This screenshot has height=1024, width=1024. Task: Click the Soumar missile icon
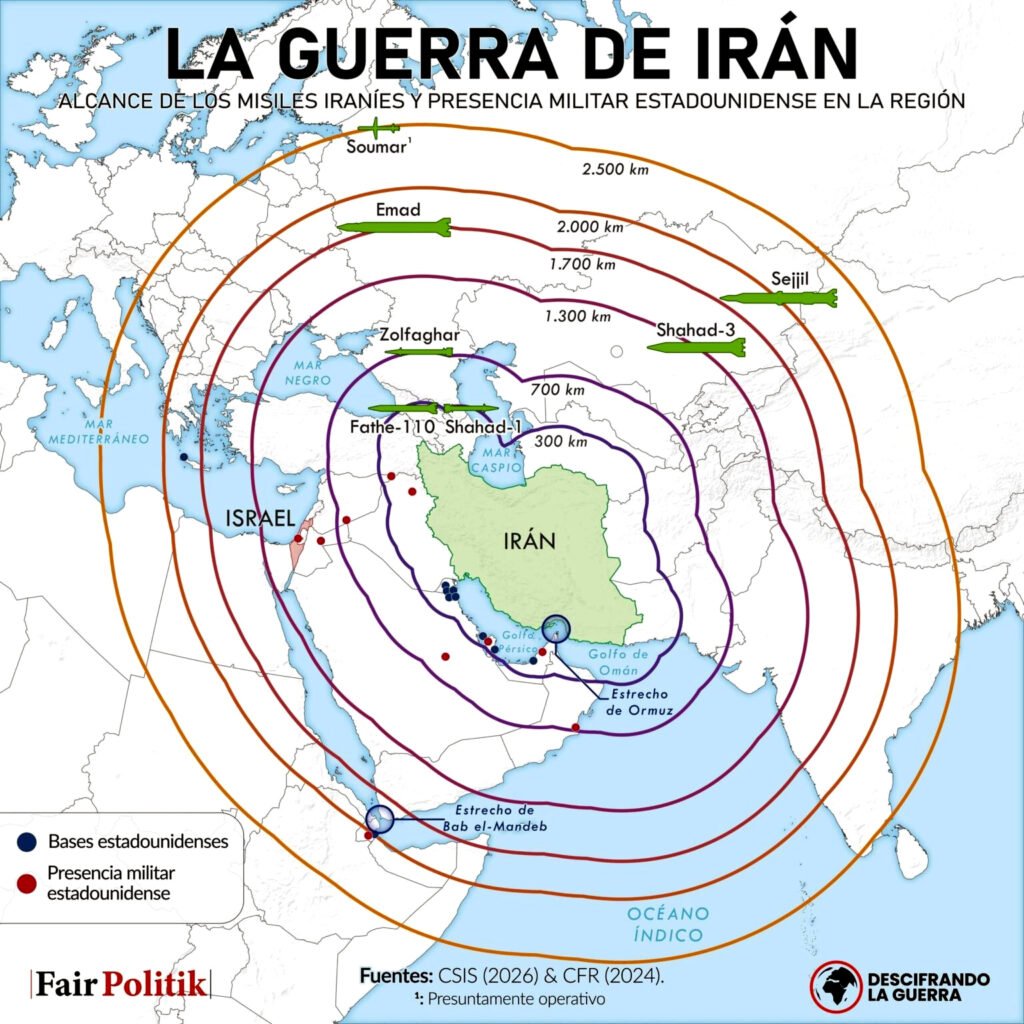pos(380,128)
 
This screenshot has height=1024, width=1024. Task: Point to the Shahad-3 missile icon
pos(696,348)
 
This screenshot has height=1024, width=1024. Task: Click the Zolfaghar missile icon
pos(421,352)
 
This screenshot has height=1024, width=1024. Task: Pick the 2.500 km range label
pos(616,169)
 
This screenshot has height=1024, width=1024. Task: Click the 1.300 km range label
pos(577,317)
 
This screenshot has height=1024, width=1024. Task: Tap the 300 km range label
pos(561,441)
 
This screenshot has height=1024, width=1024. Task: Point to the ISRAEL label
pos(259,518)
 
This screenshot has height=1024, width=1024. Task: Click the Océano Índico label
pos(669,924)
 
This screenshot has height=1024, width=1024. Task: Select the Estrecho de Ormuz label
pos(640,702)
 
